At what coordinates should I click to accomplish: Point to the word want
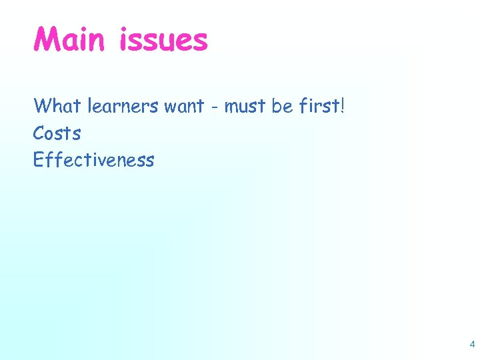(184, 107)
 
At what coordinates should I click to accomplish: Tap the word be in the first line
(282, 105)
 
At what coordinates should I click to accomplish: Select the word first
(318, 105)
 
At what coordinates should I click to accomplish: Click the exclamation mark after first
(343, 105)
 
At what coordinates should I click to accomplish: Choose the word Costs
(57, 133)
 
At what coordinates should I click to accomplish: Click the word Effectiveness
(93, 160)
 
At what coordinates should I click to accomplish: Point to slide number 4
(472, 345)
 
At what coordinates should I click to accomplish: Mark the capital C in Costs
(39, 133)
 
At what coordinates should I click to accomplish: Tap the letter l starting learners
(89, 105)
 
